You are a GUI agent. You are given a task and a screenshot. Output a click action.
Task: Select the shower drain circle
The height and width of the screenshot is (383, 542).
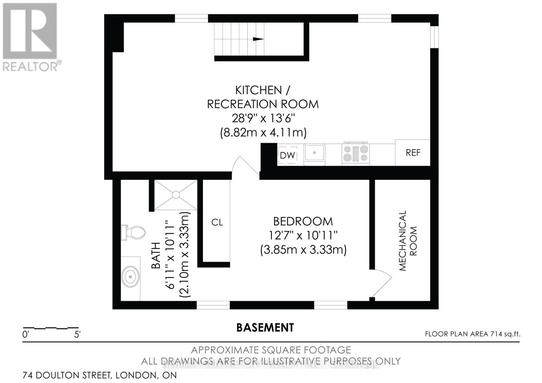176,195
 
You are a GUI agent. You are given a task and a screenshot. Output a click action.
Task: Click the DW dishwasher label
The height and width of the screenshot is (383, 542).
288,155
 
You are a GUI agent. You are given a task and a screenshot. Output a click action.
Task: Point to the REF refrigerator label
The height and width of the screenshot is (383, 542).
413,153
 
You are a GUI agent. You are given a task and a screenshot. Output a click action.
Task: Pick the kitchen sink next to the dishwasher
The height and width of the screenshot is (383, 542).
314,153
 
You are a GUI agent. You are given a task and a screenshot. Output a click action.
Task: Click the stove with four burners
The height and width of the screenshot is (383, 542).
356,153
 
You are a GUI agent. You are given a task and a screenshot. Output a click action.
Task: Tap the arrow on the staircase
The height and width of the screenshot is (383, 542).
258,39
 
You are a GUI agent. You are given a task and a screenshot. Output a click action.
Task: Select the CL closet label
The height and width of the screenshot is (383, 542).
217,222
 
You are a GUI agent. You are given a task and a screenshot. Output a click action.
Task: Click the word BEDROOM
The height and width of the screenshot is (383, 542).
303,221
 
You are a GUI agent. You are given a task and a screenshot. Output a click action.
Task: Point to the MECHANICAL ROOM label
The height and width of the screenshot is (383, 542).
408,240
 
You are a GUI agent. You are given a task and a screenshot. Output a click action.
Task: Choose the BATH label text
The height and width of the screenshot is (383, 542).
156,255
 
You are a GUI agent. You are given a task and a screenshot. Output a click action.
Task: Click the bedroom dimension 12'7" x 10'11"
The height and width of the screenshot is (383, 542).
303,235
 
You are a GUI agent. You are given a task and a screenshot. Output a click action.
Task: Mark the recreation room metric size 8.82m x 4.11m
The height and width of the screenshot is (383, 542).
263,132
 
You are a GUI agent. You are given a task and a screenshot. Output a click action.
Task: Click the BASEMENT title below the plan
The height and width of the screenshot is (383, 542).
265,327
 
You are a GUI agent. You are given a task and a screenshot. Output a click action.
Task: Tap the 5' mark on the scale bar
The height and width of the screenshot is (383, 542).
77,335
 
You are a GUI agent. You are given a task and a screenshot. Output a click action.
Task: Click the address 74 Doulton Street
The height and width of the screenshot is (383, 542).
100,375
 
